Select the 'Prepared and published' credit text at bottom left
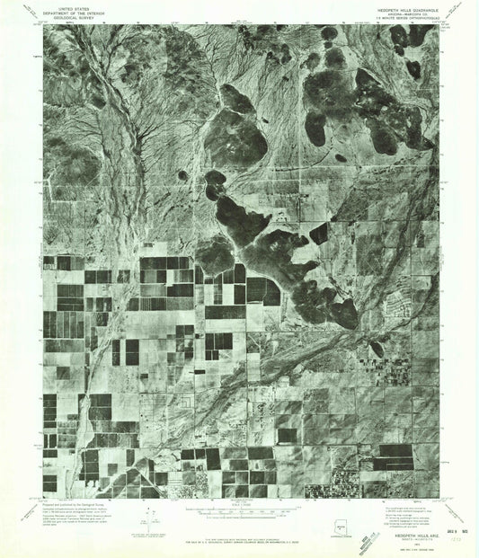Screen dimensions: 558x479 pyautogui.click(x=72, y=506)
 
